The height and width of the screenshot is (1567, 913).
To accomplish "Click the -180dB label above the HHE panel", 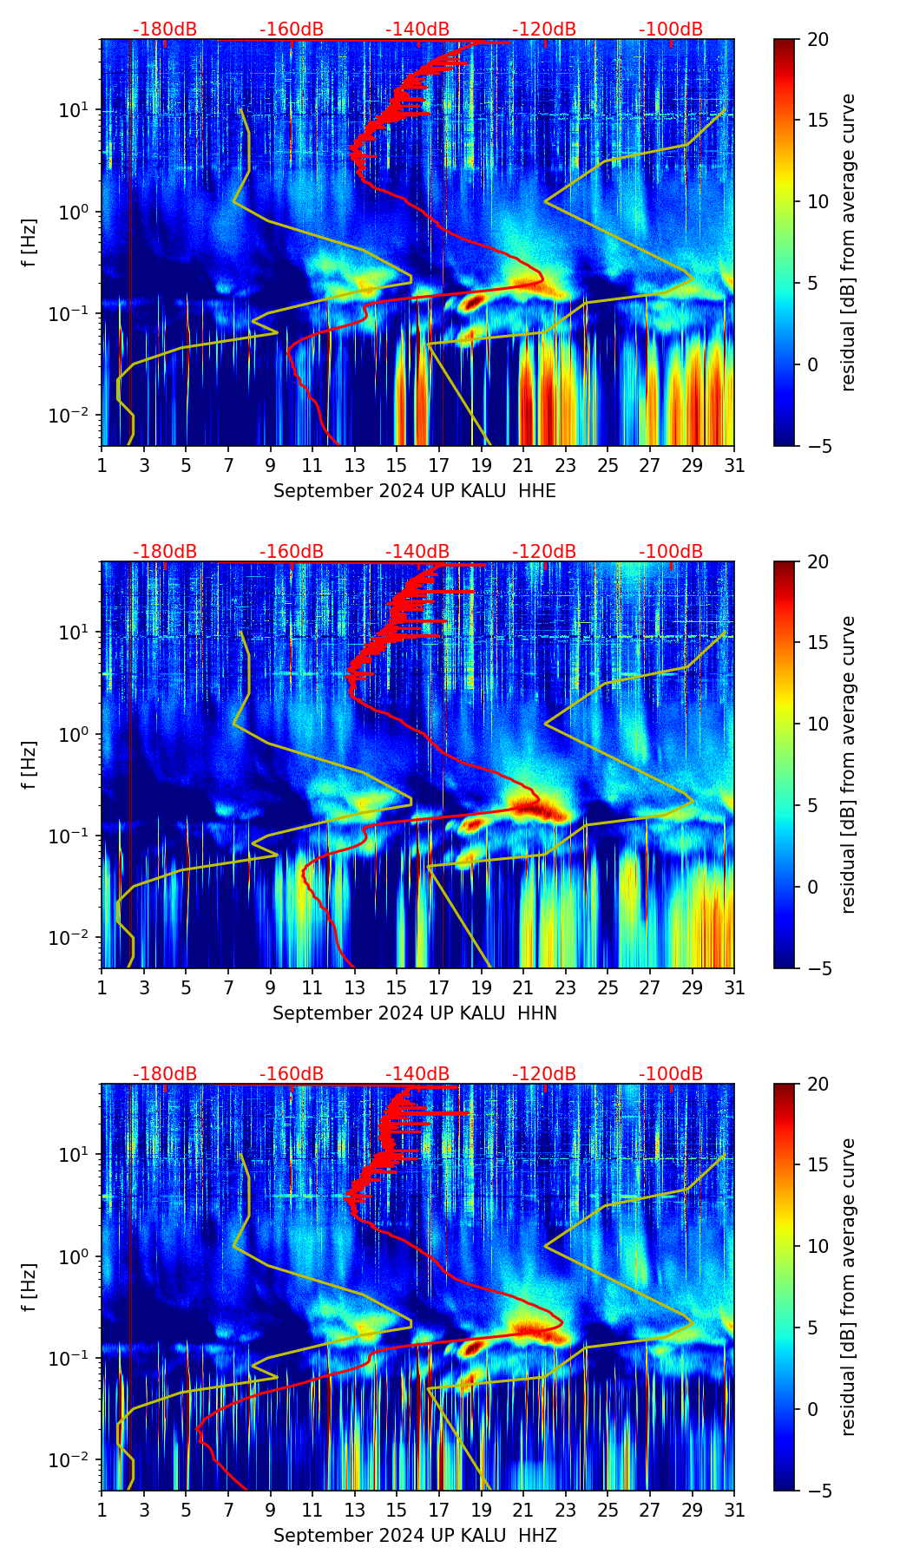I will pyautogui.click(x=165, y=30).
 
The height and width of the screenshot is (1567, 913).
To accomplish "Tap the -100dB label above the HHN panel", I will pyautogui.click(x=671, y=552).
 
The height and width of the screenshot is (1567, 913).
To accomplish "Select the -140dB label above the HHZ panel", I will pyautogui.click(x=417, y=1074).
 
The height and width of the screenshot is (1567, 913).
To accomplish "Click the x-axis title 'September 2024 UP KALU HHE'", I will pyautogui.click(x=414, y=491).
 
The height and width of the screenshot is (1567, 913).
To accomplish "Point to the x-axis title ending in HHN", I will pyautogui.click(x=414, y=1013).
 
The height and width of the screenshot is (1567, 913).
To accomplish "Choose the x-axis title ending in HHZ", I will pyautogui.click(x=414, y=1536).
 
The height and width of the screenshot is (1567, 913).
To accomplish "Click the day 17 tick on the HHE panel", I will pyautogui.click(x=439, y=465).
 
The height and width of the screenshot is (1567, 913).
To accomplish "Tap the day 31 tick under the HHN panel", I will pyautogui.click(x=734, y=987).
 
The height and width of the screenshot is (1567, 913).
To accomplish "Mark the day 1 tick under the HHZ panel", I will pyautogui.click(x=102, y=1510).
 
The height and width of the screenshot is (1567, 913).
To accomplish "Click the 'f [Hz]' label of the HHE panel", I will pyautogui.click(x=30, y=243).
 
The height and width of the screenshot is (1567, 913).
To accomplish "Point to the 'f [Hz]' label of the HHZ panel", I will pyautogui.click(x=30, y=1288).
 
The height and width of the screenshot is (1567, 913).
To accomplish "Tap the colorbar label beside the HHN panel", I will pyautogui.click(x=849, y=764).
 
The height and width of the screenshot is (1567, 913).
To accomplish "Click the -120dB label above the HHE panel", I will pyautogui.click(x=544, y=30).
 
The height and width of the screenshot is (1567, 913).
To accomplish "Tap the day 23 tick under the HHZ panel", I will pyautogui.click(x=566, y=1510).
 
